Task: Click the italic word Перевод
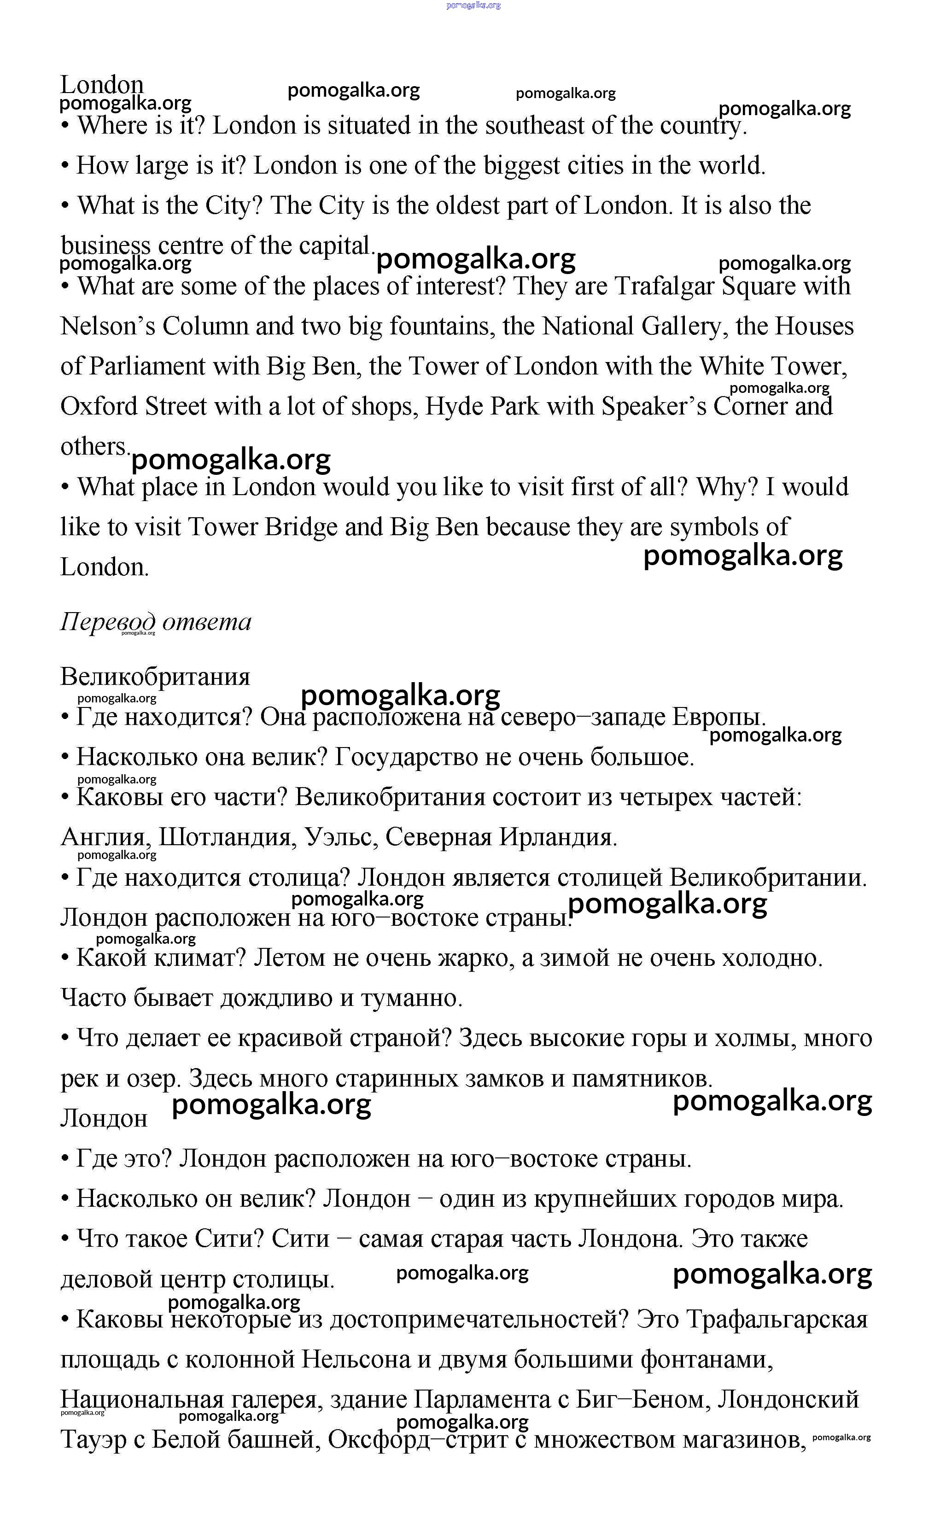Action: coord(108,622)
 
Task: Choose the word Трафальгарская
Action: coord(777,1320)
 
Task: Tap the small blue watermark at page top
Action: coord(473,5)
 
